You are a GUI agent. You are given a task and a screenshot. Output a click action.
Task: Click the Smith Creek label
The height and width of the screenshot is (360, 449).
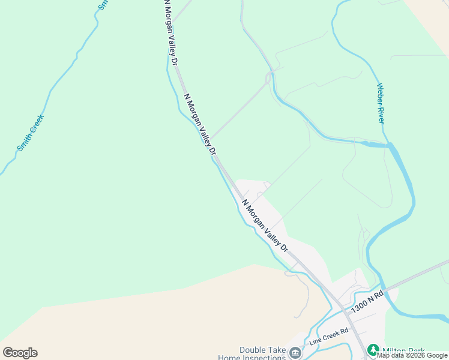click(x=31, y=133)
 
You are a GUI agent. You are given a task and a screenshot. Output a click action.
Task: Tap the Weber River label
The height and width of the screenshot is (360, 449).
click(x=380, y=103)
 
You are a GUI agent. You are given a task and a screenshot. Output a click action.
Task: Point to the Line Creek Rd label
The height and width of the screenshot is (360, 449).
click(x=328, y=336)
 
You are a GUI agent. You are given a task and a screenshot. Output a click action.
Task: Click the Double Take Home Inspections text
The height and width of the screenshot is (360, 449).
click(x=262, y=354)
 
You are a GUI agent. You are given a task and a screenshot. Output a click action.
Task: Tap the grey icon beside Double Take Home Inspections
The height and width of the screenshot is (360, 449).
click(x=295, y=353)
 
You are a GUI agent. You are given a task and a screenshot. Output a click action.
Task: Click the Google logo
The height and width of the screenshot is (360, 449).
click(x=20, y=353)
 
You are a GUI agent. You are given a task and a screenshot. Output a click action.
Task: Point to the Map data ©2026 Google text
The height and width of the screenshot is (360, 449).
click(x=412, y=356)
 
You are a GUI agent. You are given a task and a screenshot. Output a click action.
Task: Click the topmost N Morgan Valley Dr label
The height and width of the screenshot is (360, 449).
click(x=170, y=32)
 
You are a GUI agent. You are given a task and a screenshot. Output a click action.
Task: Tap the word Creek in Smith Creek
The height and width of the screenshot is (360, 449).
click(x=37, y=123)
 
